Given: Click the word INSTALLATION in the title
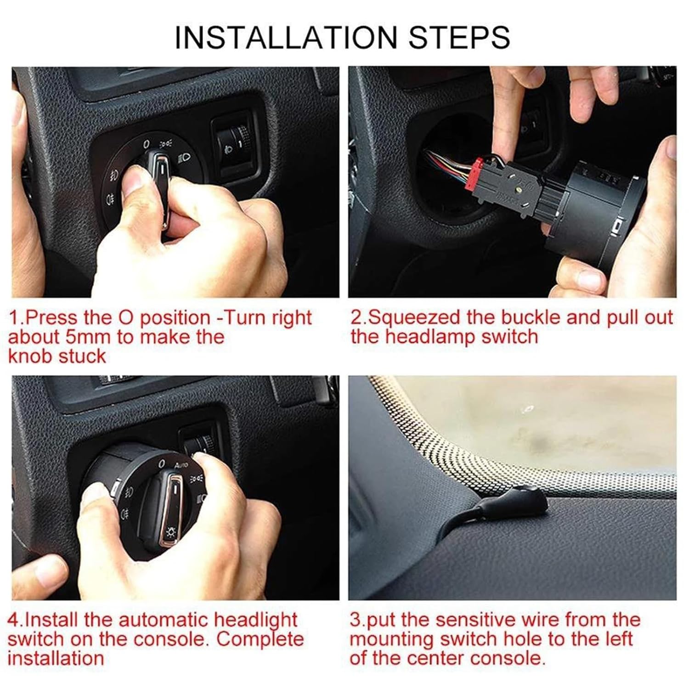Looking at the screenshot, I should (285, 37).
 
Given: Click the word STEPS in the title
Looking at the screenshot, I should (459, 37).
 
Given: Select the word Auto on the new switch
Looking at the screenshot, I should (181, 465).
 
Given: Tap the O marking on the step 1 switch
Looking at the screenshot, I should (147, 144).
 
